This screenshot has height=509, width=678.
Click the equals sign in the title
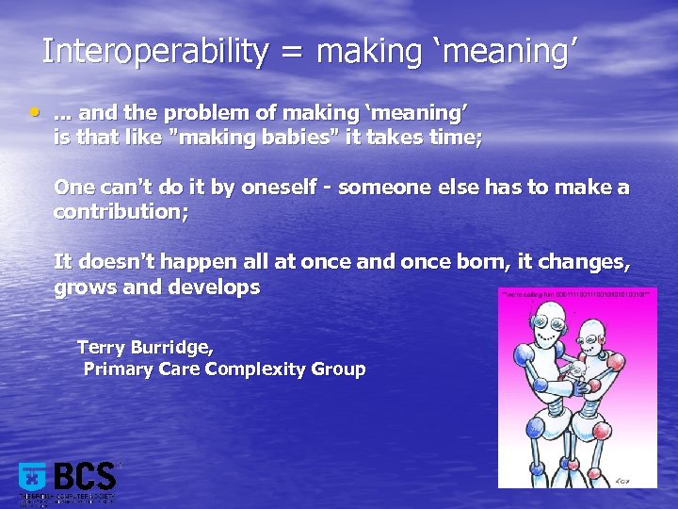(x=292, y=53)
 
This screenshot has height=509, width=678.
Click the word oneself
(x=286, y=188)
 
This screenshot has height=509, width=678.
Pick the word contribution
(x=120, y=212)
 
